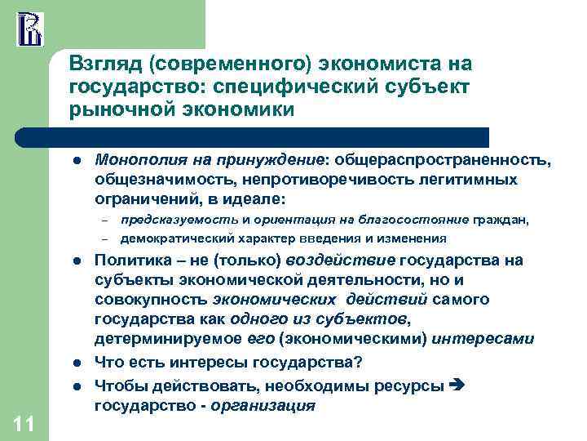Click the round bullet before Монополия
point(75,161)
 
